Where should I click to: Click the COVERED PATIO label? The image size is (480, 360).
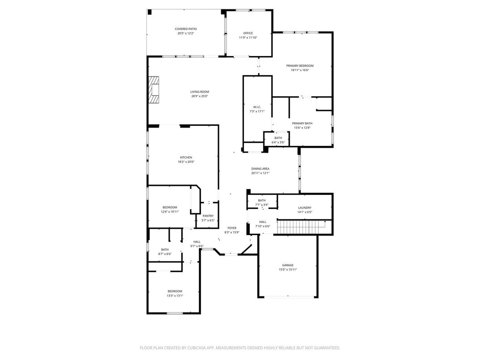[186, 29]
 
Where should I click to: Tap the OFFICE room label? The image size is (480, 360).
[248, 33]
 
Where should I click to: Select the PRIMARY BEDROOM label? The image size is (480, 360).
[300, 66]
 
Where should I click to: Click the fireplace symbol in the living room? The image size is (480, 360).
[154, 90]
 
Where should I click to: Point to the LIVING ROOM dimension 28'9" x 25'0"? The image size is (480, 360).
[200, 96]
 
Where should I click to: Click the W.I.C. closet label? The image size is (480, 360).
[257, 107]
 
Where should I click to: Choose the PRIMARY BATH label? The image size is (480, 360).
[302, 123]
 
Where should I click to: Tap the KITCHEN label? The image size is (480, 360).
[186, 158]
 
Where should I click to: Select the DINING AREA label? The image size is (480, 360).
[260, 169]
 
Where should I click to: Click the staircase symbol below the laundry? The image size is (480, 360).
[304, 227]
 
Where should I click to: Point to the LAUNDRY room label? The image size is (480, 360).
[304, 208]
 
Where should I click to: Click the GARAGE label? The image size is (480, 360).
[288, 265]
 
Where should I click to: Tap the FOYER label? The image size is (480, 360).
[231, 228]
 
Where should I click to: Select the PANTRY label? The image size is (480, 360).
[208, 216]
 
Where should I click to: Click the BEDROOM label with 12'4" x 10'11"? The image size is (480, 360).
[170, 207]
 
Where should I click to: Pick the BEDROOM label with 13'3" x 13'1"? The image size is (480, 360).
[175, 291]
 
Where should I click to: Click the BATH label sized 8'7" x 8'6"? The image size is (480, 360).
[165, 249]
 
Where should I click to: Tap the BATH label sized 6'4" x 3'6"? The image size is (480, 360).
[278, 138]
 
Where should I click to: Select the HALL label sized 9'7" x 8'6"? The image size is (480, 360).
[197, 242]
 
